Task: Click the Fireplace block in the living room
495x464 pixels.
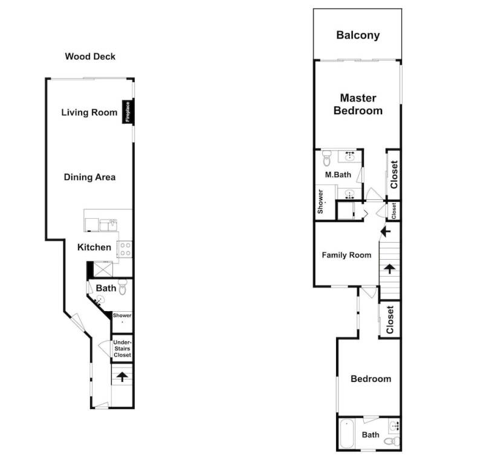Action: pos(128,112)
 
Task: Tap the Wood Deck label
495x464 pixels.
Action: pos(90,57)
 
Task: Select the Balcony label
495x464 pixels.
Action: pos(358,35)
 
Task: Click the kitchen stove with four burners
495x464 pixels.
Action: pos(125,249)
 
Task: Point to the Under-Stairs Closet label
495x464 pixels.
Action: pos(122,349)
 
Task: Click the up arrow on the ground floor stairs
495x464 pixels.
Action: pos(122,376)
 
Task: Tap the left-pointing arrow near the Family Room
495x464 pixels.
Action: pos(386,231)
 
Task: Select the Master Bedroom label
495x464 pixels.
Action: pos(358,104)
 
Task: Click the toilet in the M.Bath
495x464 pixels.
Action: pos(326,158)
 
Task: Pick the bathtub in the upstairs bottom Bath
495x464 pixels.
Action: pos(346,434)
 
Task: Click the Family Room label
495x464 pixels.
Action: pos(346,255)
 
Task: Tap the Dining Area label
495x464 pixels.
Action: pos(89,177)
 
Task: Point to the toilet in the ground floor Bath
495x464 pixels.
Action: pos(123,287)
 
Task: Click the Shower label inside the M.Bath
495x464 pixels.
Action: pos(320,201)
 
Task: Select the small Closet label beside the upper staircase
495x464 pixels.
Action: pos(393,210)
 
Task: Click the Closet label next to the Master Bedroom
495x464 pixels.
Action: pos(394,175)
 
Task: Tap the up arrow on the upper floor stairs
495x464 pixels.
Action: pos(390,269)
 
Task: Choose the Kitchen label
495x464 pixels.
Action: pos(94,247)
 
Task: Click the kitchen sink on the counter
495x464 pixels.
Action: pos(113,225)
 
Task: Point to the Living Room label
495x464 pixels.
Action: pos(89,112)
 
